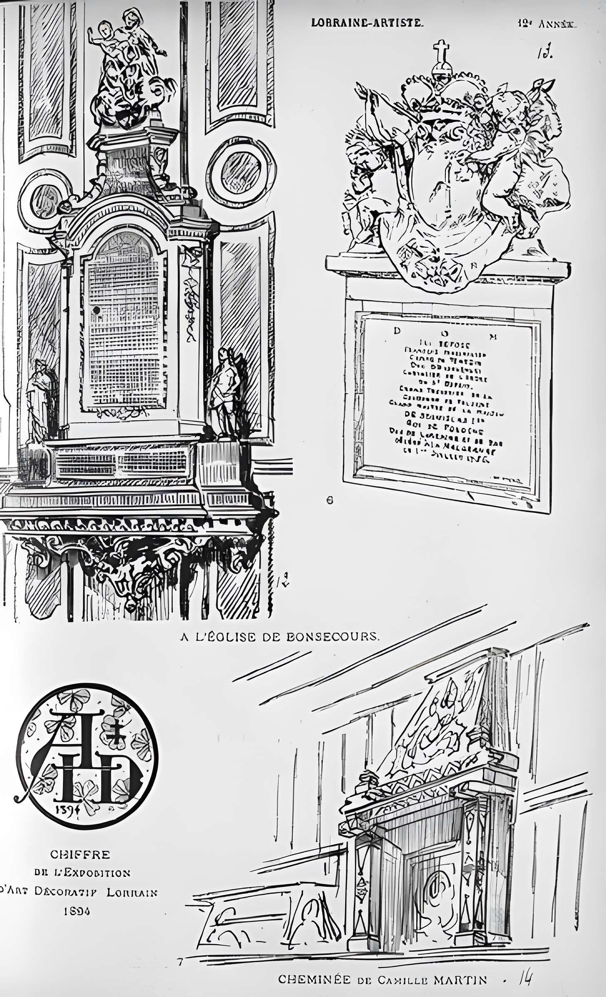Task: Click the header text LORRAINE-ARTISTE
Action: [367, 23]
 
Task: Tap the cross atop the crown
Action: [442, 52]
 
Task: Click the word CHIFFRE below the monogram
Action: [80, 854]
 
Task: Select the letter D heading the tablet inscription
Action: [397, 332]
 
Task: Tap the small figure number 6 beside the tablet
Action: [330, 501]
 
